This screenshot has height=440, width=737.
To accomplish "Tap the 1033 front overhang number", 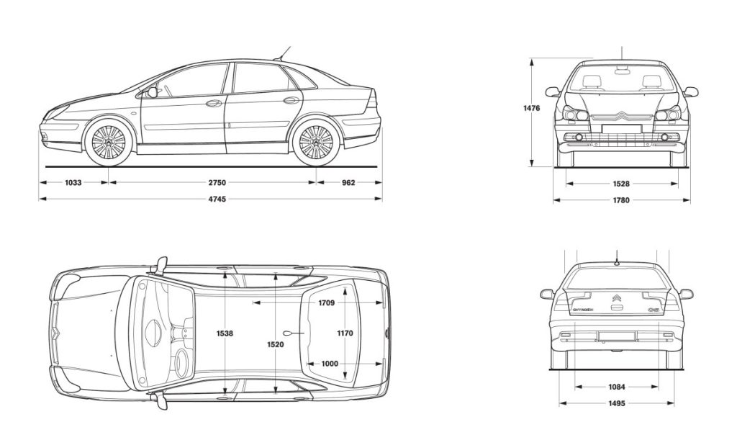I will (x=73, y=183).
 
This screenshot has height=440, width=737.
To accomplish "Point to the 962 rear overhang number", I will (x=348, y=183).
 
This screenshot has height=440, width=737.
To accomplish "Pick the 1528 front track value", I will (x=621, y=184).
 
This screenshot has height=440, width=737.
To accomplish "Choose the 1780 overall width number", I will (x=621, y=200).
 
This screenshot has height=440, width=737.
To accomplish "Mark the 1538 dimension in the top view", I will (x=225, y=333).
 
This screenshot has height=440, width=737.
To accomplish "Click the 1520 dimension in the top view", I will (x=275, y=345).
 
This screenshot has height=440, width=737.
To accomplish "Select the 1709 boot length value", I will (x=326, y=303).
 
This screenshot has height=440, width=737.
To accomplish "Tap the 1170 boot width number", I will (x=346, y=333).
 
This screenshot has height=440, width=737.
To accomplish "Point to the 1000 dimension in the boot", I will (x=329, y=364).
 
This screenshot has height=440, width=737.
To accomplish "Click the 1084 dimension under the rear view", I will (x=616, y=387).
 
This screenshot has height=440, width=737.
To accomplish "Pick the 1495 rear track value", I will (x=616, y=403).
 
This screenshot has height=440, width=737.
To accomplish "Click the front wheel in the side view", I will (x=109, y=141).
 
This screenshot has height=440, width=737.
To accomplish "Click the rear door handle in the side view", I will (x=291, y=101).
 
